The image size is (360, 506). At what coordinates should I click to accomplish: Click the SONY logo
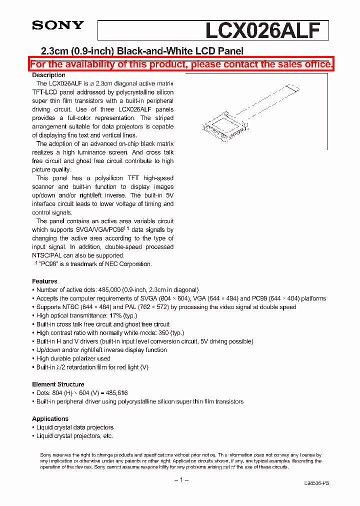tap(58, 25)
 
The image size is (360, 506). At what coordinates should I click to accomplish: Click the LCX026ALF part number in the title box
tap(262, 30)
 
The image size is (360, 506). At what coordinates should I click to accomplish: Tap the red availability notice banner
tap(181, 64)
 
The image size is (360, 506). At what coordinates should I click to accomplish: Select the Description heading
tap(48, 75)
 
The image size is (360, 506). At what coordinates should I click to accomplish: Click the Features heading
tap(44, 281)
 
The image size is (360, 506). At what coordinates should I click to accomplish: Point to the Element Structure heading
tap(58, 384)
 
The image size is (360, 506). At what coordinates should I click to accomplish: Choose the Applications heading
tap(50, 419)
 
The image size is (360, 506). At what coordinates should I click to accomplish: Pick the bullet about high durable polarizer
tap(73, 358)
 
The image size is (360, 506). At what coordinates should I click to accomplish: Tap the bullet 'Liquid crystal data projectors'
tap(74, 427)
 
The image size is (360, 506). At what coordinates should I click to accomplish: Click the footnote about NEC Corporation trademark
tap(92, 264)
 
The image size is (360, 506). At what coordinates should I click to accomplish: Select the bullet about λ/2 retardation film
tap(92, 367)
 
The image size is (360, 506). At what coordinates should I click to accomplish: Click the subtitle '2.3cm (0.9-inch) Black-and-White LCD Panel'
tap(141, 51)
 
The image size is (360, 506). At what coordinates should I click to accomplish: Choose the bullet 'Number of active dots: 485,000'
tap(117, 290)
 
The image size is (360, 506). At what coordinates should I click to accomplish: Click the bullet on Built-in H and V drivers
tap(144, 341)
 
